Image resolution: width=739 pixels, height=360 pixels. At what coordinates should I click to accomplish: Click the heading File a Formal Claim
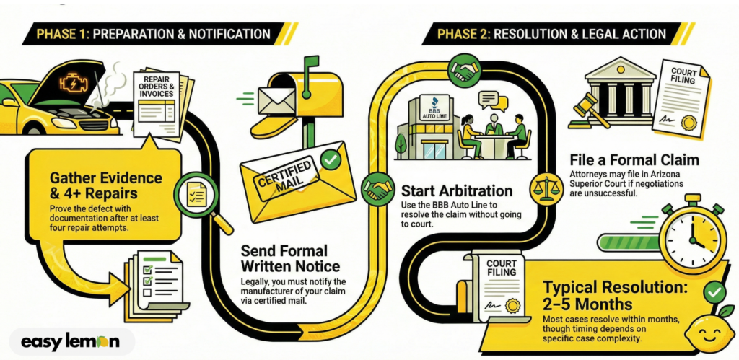pos(634,159)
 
